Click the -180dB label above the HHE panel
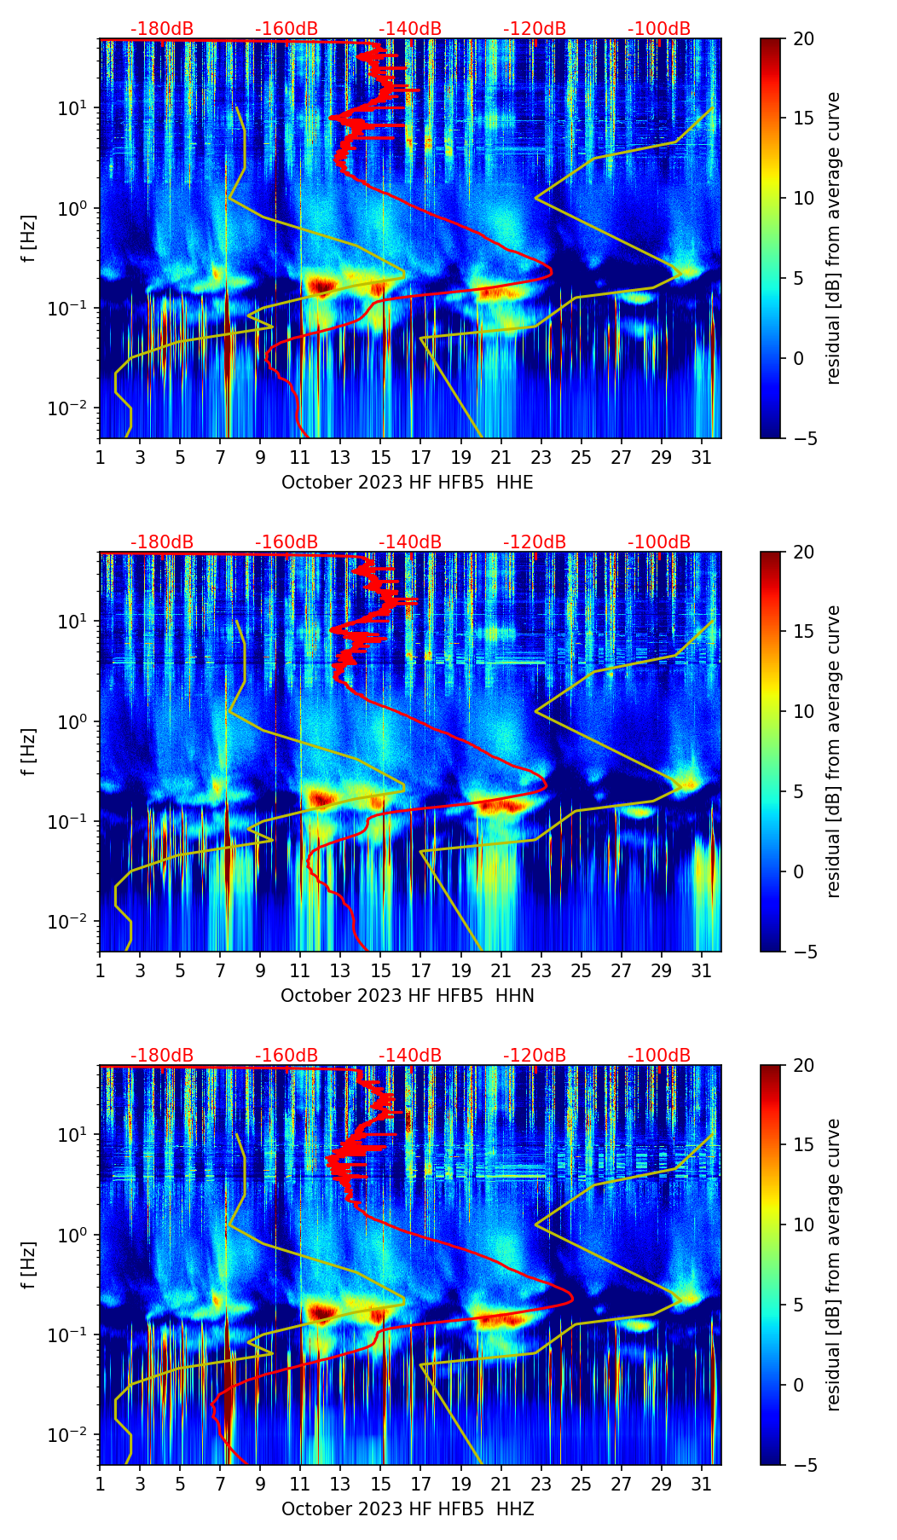click(162, 29)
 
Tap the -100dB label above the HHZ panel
click(659, 1056)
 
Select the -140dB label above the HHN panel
click(410, 542)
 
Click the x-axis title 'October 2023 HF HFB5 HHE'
click(407, 483)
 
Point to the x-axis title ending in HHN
click(407, 996)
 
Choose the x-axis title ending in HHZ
click(407, 1509)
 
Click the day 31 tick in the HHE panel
click(702, 457)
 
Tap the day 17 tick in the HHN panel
click(421, 970)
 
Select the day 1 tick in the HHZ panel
click(101, 1484)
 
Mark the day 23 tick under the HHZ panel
click(541, 1484)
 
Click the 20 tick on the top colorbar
click(802, 39)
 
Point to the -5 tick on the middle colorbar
click(802, 952)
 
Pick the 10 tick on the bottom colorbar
click(802, 1224)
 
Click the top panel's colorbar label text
click(834, 239)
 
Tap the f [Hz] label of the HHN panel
click(30, 752)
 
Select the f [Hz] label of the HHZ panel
click(30, 1265)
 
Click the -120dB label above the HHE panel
click(535, 29)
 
